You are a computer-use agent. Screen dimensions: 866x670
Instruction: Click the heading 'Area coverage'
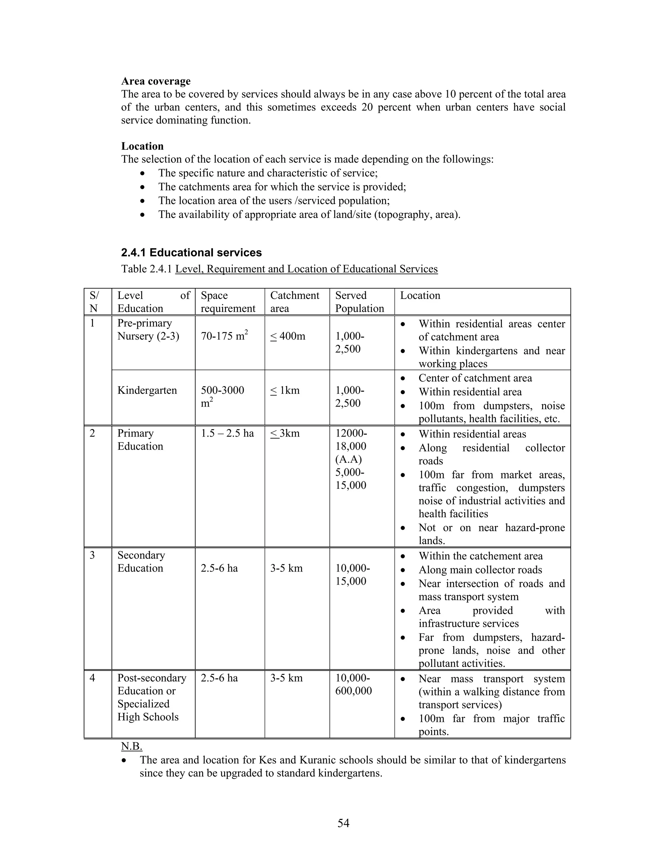coord(156,81)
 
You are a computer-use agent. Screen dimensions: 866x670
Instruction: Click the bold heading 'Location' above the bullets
coord(142,146)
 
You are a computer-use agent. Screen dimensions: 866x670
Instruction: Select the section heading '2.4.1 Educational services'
coord(191,253)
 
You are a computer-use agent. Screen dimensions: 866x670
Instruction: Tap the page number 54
coord(343,823)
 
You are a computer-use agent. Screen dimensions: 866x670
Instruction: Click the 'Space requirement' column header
coord(228,302)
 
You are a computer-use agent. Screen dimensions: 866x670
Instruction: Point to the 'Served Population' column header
coord(359,302)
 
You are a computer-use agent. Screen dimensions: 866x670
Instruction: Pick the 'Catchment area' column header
coord(294,302)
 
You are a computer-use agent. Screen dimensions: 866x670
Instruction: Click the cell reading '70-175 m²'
coord(224,336)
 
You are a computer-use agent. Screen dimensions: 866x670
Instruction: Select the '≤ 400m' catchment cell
coord(288,336)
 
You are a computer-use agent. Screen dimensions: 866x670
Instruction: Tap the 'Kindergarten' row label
coord(147,390)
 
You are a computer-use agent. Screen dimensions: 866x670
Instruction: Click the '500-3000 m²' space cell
coord(222,396)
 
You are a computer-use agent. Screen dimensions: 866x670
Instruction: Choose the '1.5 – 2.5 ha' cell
coord(227,433)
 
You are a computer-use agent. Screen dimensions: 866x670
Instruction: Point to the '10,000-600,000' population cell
coord(353,684)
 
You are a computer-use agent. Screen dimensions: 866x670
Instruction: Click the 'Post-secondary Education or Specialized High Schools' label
coord(151,697)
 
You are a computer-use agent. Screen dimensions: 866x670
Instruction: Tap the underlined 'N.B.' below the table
coord(132,746)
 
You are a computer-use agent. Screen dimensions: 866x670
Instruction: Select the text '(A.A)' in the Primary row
coord(348,459)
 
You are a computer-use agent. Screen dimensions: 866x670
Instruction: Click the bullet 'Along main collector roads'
coord(480,570)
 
